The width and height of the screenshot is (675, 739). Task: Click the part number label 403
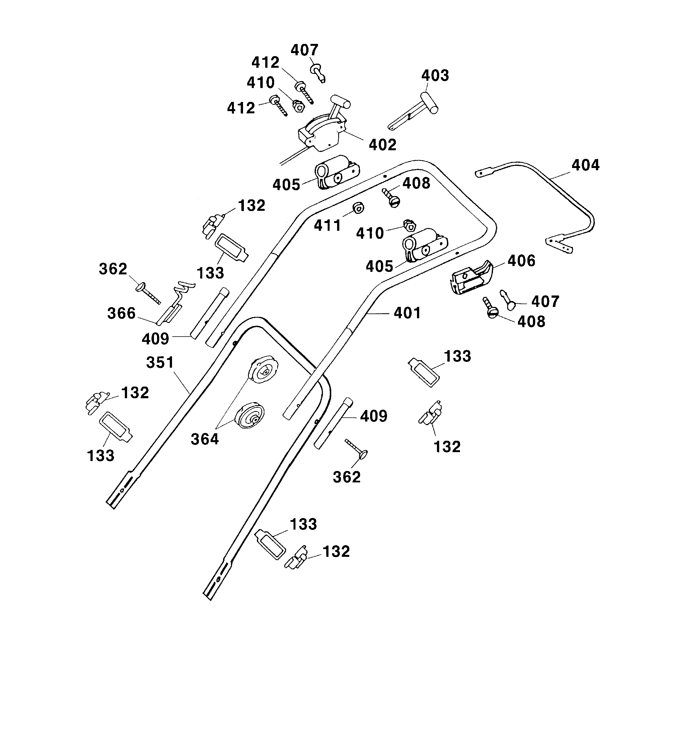pyautogui.click(x=435, y=76)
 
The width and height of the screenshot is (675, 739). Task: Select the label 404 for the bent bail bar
pyautogui.click(x=585, y=165)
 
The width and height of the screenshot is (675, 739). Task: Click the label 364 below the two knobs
pyautogui.click(x=205, y=439)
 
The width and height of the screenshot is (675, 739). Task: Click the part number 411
pyautogui.click(x=327, y=226)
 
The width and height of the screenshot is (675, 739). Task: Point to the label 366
pyautogui.click(x=121, y=314)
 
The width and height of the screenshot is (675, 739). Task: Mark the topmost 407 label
pyautogui.click(x=304, y=50)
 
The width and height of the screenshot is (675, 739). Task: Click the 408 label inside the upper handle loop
pyautogui.click(x=416, y=183)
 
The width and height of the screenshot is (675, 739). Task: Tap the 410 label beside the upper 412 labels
pyautogui.click(x=261, y=83)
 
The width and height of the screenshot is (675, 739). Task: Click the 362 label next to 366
pyautogui.click(x=113, y=269)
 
